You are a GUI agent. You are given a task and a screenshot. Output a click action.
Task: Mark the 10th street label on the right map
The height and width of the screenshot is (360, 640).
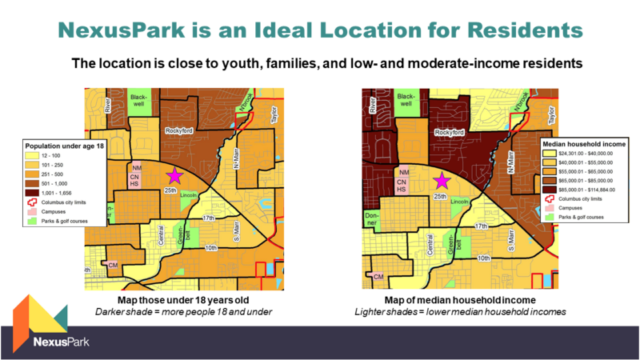[482, 258]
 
